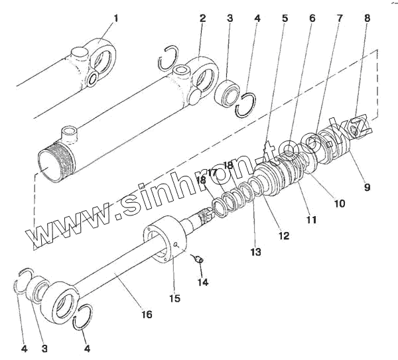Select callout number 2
point(202,19)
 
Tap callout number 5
point(285,19)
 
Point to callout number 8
point(367,19)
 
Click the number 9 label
point(367,187)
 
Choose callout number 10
point(339,204)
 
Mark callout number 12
point(284,235)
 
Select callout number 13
point(256,252)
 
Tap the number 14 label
point(202,282)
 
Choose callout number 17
point(212,174)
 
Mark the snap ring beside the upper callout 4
point(247,103)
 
